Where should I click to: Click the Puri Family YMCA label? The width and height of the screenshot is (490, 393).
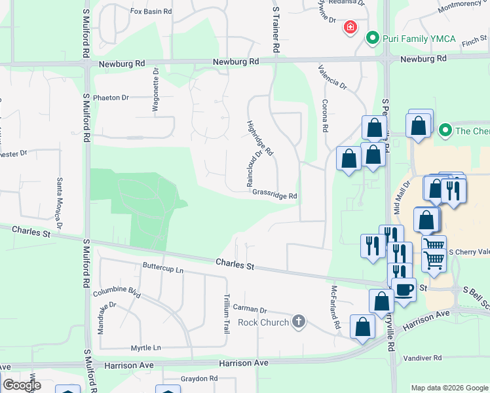pyautogui.click(x=409, y=39)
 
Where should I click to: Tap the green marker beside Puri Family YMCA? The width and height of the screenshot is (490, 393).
pyautogui.click(x=373, y=39)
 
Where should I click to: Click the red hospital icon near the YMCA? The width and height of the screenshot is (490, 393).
pyautogui.click(x=350, y=27)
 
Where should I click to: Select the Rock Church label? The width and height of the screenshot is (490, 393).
pyautogui.click(x=263, y=322)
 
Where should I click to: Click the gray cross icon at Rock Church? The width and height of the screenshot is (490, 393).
pyautogui.click(x=299, y=321)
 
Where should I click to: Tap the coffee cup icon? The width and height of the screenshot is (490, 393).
pyautogui.click(x=404, y=289)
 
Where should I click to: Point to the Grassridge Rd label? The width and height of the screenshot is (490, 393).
pyautogui.click(x=275, y=196)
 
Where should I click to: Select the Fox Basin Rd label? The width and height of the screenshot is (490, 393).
pyautogui.click(x=151, y=12)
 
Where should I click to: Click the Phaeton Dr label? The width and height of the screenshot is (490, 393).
pyautogui.click(x=111, y=98)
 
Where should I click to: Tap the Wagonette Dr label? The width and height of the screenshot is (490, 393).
pyautogui.click(x=156, y=91)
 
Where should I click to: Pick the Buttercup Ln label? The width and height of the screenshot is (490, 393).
pyautogui.click(x=163, y=269)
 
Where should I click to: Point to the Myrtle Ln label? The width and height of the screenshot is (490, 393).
pyautogui.click(x=145, y=347)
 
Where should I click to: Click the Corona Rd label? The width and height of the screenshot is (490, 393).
pyautogui.click(x=324, y=115)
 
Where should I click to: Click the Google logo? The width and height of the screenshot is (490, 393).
pyautogui.click(x=22, y=385)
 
